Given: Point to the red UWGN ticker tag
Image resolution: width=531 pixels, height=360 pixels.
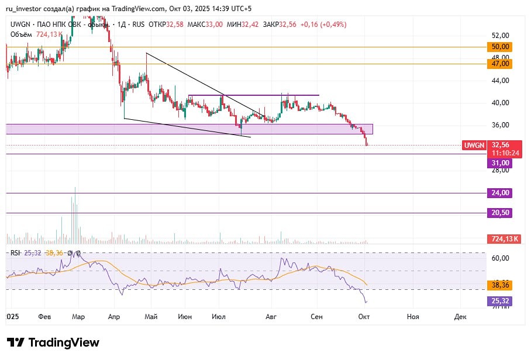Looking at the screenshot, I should coord(474,146).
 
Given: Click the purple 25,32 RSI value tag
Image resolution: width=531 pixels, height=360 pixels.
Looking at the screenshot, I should coord(501,301).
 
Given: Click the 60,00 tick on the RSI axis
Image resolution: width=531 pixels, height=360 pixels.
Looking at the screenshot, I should coord(501,258).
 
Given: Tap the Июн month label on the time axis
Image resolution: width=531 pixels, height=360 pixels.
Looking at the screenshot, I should coord(185,316).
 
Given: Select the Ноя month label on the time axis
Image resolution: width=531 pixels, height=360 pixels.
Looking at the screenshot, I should coord(413,316).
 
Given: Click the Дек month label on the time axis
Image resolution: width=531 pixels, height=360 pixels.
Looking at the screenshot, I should coord(459,316).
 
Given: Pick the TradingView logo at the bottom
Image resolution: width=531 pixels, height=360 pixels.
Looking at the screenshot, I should coord(53,342).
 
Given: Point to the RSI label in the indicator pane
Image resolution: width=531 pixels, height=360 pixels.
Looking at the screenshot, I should coord(15,253).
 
